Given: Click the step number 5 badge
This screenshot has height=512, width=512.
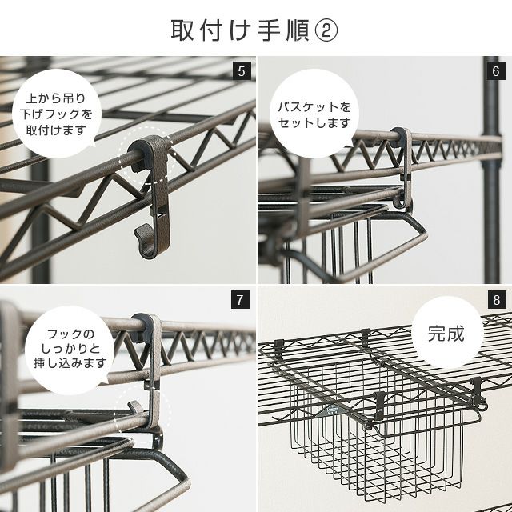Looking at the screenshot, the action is pos(242,71).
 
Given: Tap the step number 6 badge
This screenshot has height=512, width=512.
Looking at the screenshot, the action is pos(496,71).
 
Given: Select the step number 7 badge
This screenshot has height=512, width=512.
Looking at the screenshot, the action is pos(240,299).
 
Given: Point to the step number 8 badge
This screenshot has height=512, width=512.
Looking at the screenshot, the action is pos(496,299).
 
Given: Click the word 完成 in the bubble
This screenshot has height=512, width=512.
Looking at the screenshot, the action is pos(446,334).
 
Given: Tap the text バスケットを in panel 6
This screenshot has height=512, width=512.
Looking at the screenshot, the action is pos(314,107).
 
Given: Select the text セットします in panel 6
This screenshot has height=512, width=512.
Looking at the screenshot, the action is pos(314,123).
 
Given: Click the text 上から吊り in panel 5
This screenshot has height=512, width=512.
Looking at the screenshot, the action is pos(56,98).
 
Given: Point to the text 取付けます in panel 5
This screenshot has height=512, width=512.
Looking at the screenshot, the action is pos(56,130).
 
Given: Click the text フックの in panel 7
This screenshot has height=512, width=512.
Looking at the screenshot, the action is pos(70,334).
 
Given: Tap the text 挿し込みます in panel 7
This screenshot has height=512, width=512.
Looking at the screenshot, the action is pos(70,362).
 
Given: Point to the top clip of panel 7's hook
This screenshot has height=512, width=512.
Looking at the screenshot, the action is pos(146,327).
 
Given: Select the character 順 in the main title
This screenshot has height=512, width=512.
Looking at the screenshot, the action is pos(298,30).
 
